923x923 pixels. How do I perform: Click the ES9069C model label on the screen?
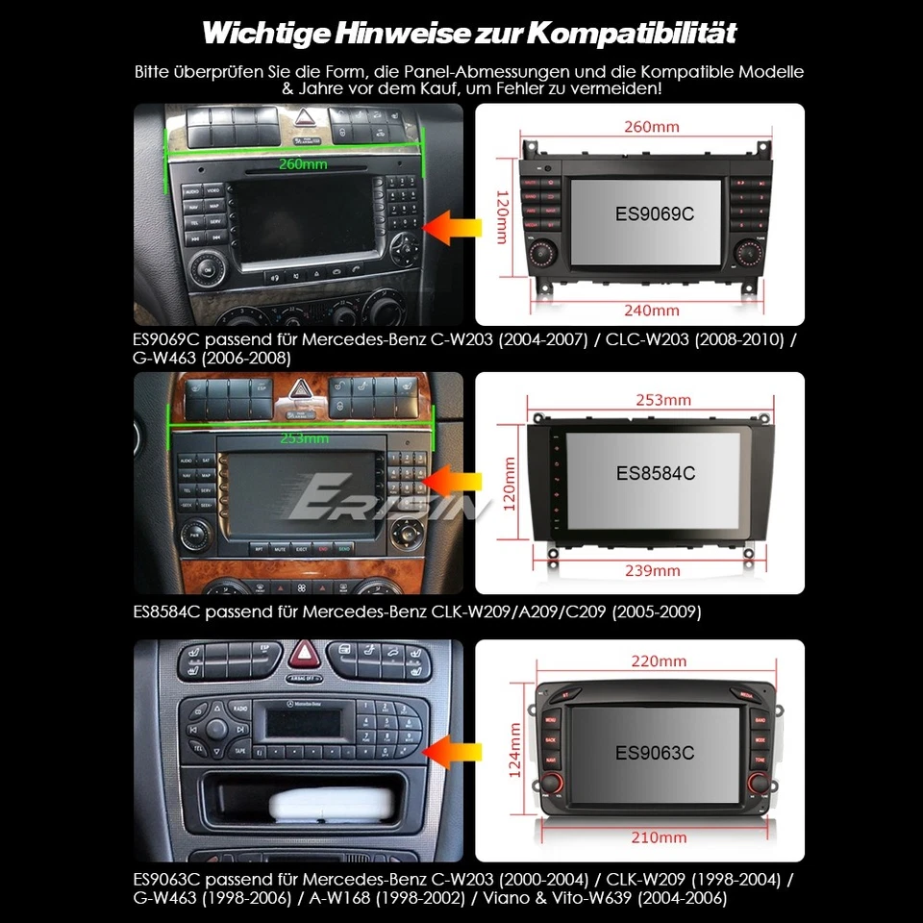point(654,213)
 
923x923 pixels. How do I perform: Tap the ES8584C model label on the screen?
point(655,473)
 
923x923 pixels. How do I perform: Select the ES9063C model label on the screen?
point(655,753)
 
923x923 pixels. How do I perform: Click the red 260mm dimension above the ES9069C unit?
point(651,126)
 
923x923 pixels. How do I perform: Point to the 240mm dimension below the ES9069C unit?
point(651,310)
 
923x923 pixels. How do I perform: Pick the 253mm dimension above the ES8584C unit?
point(661,399)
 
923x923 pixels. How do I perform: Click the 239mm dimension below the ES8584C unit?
point(652,570)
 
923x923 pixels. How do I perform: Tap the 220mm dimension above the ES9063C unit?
point(659,661)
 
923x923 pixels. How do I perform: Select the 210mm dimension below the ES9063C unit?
point(659,837)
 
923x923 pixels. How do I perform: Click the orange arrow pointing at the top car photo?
point(450,229)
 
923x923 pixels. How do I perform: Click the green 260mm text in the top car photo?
point(302,163)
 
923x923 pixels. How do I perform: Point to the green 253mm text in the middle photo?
point(303,438)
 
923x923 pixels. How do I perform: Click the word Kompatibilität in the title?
point(634,35)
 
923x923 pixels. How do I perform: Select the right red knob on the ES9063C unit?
point(761,786)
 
